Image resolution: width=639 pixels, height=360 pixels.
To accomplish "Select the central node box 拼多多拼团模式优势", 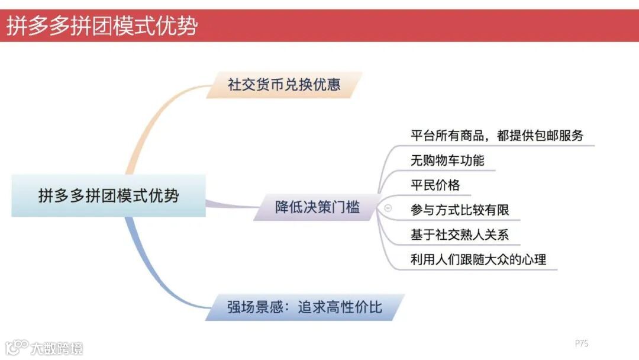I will [108, 195].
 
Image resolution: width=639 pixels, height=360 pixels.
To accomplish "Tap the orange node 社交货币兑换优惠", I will [285, 84].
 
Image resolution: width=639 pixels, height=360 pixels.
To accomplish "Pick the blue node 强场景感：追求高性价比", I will [305, 307].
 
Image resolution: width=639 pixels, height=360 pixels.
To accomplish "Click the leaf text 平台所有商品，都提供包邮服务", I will [497, 135].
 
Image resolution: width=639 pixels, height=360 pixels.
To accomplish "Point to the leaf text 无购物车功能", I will [447, 160].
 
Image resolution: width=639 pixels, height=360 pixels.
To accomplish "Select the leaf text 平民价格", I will [435, 185].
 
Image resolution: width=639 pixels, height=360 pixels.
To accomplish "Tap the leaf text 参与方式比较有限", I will [460, 210].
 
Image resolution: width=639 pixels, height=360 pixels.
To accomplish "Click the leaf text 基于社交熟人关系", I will [460, 234].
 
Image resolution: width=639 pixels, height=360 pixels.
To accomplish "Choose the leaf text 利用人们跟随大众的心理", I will [478, 259].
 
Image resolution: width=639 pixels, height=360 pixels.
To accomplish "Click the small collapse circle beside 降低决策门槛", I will [388, 208].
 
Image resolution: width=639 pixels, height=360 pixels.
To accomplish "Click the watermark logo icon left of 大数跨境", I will [17, 346].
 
